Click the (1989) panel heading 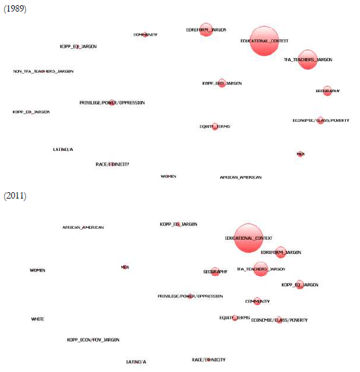(x=15, y=11)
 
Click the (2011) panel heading (x=15, y=195)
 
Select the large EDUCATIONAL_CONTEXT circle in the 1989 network (x=264, y=41)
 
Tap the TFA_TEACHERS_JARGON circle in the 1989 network (x=308, y=59)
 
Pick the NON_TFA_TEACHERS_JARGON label (x=43, y=71)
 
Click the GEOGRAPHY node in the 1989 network (x=327, y=91)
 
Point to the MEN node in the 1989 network (x=300, y=154)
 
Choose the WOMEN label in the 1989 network (x=168, y=176)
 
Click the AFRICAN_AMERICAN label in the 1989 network (x=240, y=177)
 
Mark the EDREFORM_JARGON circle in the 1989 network (x=206, y=30)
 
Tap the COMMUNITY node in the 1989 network (x=146, y=35)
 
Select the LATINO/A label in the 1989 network (x=62, y=149)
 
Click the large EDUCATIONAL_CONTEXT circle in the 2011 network (x=249, y=238)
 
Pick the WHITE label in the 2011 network (x=37, y=319)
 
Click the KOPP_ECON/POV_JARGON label (x=93, y=339)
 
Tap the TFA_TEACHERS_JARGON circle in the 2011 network (x=260, y=269)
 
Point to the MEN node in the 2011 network (x=125, y=266)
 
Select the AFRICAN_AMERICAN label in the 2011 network (x=82, y=227)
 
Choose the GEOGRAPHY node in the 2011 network (x=215, y=272)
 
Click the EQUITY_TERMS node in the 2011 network (x=235, y=317)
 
